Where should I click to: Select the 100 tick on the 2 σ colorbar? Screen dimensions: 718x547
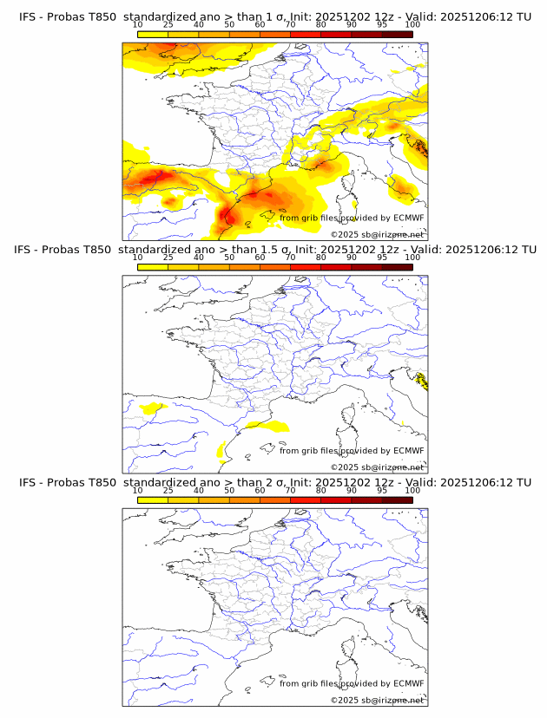(412, 491)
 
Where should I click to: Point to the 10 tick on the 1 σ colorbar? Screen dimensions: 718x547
(138, 26)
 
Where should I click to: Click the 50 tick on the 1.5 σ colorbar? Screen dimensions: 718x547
(229, 258)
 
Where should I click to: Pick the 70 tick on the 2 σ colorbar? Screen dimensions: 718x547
(290, 491)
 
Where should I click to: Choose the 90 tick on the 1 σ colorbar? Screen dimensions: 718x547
(352, 26)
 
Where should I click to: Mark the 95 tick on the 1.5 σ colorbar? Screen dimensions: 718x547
(382, 258)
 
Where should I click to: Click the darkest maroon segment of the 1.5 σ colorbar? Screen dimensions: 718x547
(397, 267)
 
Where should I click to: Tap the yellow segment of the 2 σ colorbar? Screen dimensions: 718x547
(153, 499)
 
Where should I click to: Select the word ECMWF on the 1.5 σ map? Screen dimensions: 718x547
(408, 451)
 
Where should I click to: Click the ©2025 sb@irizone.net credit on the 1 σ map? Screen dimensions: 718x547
(377, 234)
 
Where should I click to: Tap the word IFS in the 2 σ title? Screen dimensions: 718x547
(27, 482)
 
